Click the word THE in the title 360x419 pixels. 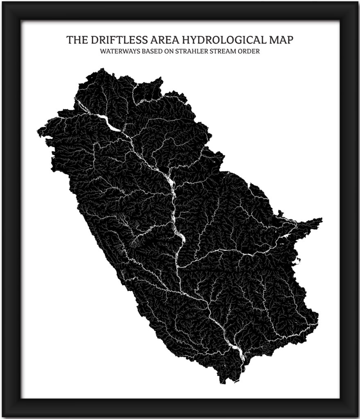pos(77,40)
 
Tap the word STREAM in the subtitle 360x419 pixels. pos(227,52)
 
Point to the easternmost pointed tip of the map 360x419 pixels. pos(322,220)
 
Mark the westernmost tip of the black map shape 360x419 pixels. pos(38,132)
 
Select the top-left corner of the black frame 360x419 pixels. pos(3,3)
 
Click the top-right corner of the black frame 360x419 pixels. pos(356,3)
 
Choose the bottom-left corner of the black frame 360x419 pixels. pos(3,415)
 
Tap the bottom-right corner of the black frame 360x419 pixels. pos(356,415)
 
